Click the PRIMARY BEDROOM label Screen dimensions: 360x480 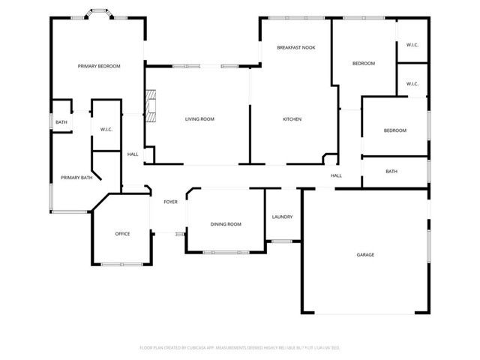(x=99, y=67)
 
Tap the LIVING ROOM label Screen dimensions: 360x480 (x=200, y=119)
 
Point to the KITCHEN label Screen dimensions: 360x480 (x=292, y=119)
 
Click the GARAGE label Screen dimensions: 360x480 (x=365, y=255)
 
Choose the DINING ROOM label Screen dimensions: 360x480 (x=226, y=224)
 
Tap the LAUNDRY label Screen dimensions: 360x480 (x=282, y=217)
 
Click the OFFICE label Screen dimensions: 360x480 (x=122, y=234)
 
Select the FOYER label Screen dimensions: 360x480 (x=170, y=202)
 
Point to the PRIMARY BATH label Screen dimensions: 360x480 (x=76, y=178)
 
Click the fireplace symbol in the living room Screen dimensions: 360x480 (x=152, y=105)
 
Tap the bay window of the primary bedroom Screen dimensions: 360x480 (x=98, y=13)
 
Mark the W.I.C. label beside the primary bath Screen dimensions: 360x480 (x=106, y=130)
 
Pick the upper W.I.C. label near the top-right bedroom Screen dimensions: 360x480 (x=412, y=45)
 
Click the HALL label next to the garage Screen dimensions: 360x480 (x=336, y=176)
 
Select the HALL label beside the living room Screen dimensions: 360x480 (x=133, y=154)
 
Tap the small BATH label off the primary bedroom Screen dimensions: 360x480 (x=61, y=122)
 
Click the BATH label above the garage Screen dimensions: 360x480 (x=391, y=172)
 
